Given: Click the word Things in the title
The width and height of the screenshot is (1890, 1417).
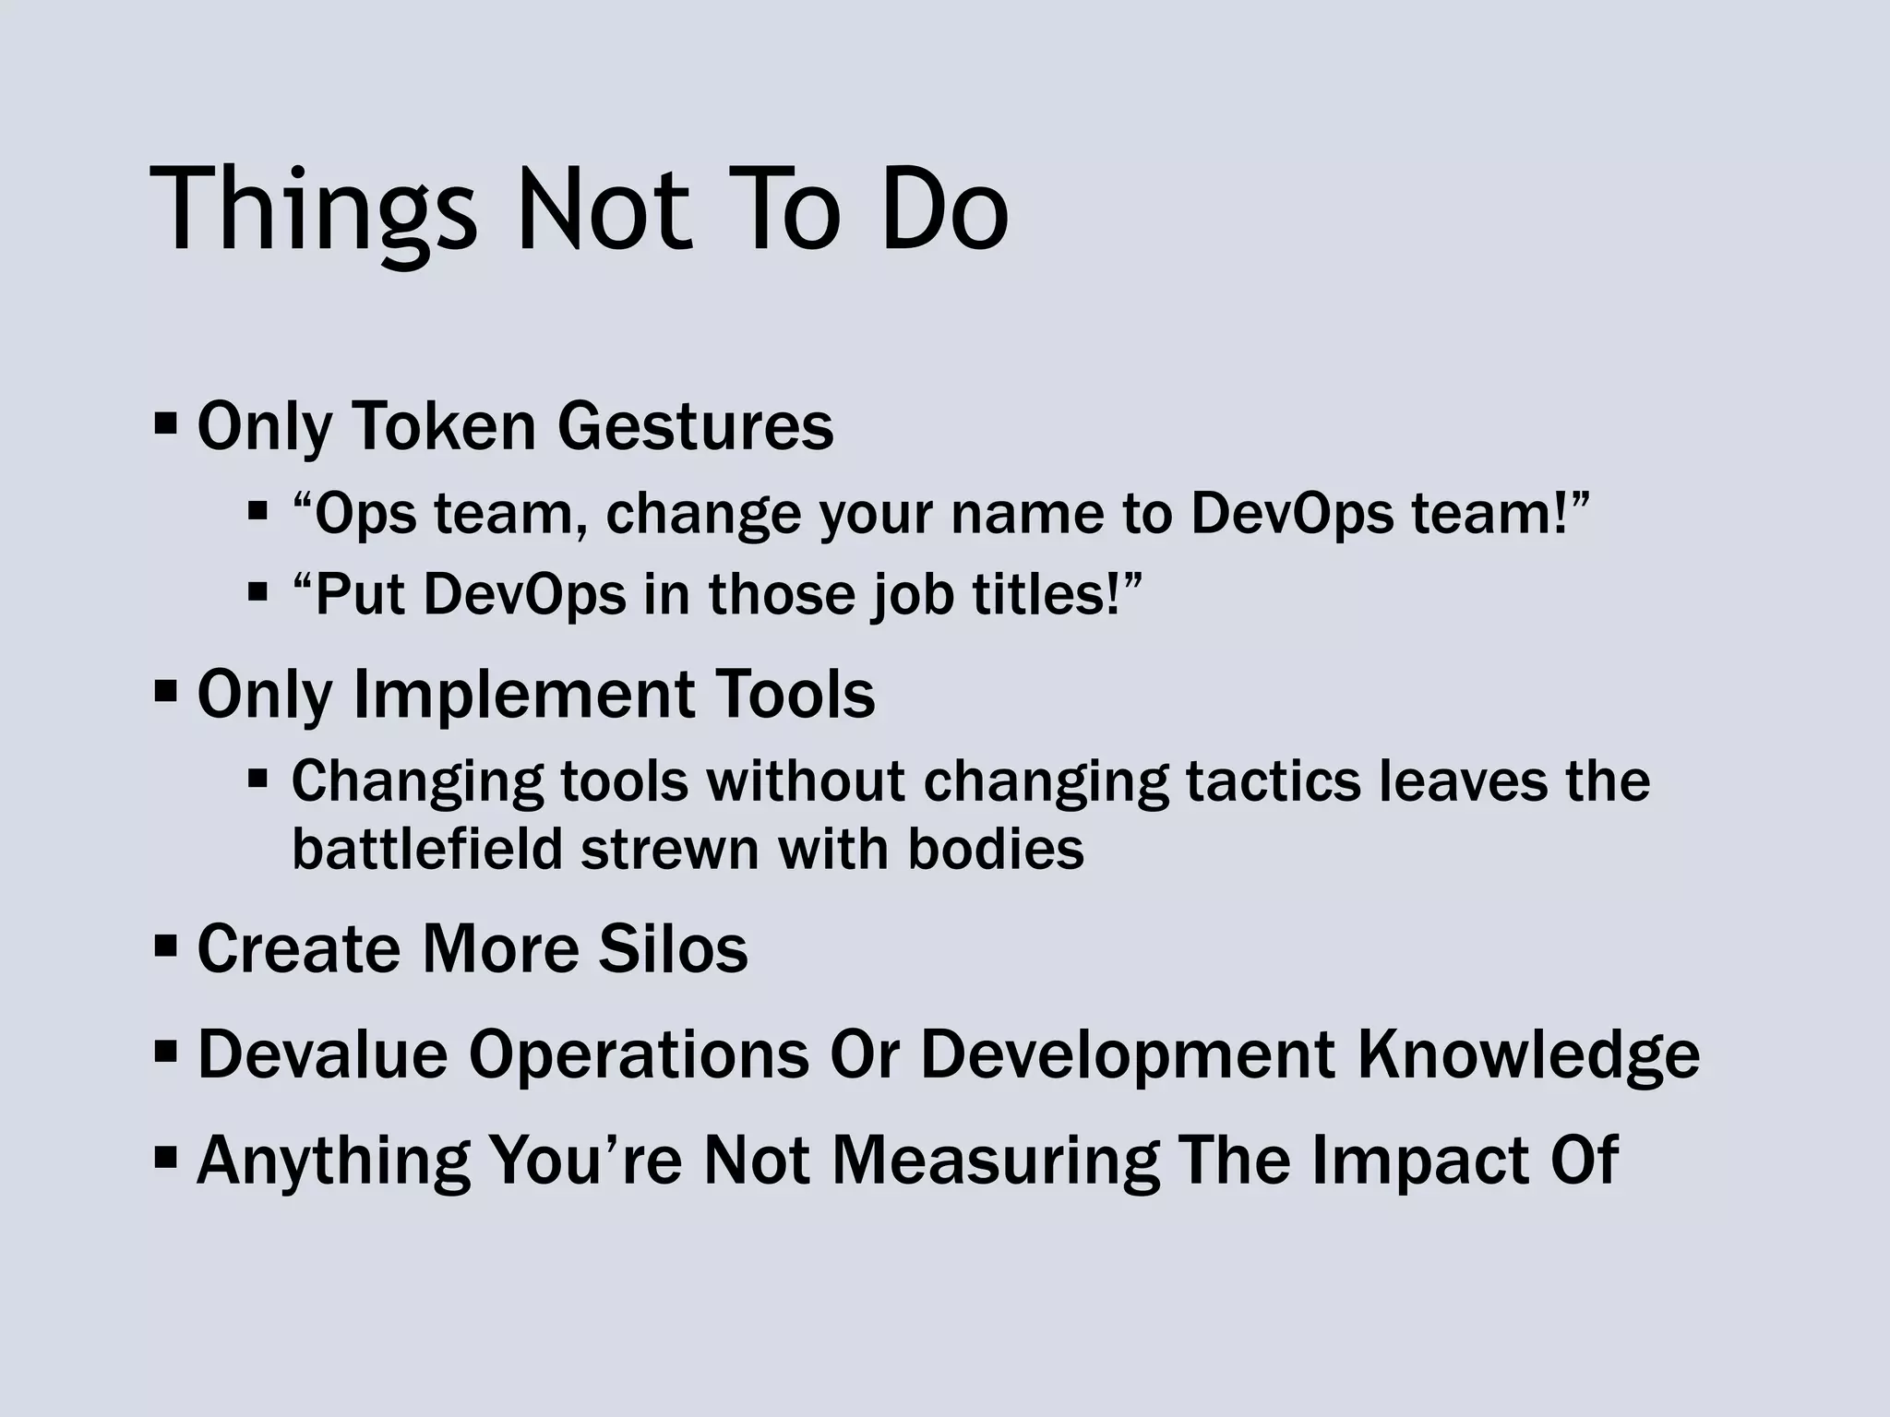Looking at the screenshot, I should [x=313, y=210].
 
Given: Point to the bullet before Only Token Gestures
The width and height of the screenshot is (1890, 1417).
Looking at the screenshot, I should [x=166, y=425].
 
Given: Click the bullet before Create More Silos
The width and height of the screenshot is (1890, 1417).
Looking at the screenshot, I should [x=166, y=947].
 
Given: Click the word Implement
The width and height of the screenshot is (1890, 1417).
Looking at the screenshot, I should [x=524, y=696].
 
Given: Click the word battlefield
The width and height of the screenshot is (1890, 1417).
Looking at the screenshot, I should [x=426, y=849].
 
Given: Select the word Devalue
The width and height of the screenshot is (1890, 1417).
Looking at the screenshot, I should [x=322, y=1054].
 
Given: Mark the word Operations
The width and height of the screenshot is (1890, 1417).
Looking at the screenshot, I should [x=638, y=1055].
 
